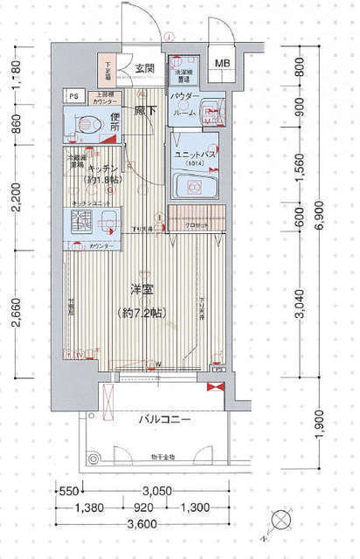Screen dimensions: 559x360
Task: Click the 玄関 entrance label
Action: coord(145,68)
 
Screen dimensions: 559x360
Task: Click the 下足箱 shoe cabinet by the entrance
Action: coord(111,68)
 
